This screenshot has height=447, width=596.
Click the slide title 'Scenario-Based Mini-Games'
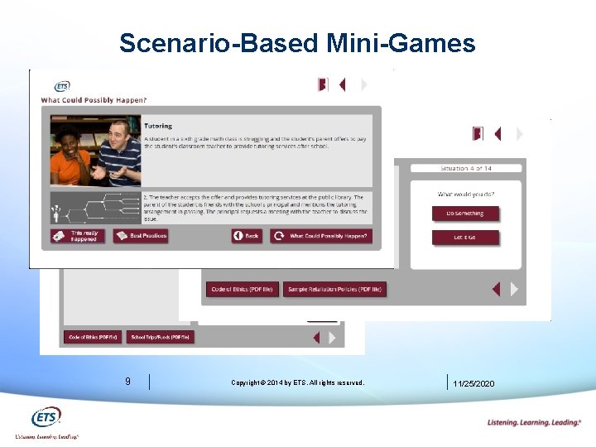[297, 42]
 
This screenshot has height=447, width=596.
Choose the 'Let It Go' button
[464, 238]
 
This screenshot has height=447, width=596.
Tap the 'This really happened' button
[78, 236]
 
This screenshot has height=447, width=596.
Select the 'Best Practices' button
[142, 236]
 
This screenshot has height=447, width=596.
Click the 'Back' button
[247, 236]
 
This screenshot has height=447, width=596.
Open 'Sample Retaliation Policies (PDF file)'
[334, 290]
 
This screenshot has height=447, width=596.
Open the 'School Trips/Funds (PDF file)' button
[161, 337]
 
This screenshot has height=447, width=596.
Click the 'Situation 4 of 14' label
[466, 169]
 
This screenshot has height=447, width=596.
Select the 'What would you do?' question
[466, 195]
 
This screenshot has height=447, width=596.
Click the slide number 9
[127, 382]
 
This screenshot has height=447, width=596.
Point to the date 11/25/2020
[474, 383]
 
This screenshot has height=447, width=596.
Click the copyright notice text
[297, 382]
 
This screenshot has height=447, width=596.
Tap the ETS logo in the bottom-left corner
[46, 418]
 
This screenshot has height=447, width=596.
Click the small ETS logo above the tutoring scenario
[61, 86]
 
